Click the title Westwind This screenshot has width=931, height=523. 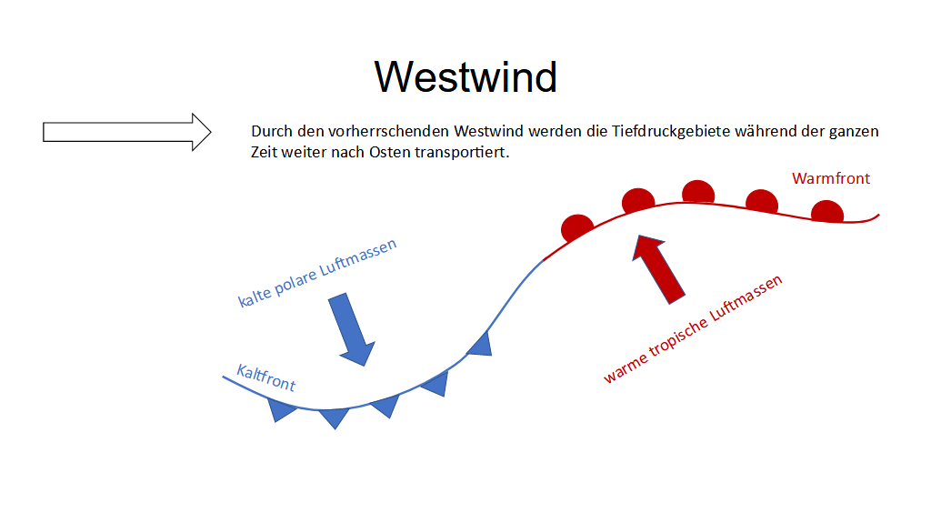(x=465, y=76)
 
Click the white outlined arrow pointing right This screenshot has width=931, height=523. (x=126, y=132)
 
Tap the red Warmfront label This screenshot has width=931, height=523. (x=831, y=178)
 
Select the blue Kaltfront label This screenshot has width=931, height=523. (x=266, y=378)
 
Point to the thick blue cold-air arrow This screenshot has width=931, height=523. (x=352, y=328)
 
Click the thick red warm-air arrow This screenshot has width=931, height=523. (x=658, y=268)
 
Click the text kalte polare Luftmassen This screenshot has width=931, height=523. (x=317, y=273)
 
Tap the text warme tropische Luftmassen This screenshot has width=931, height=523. (x=693, y=328)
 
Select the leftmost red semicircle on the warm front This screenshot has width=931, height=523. (x=576, y=227)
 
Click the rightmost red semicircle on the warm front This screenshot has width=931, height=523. (x=827, y=212)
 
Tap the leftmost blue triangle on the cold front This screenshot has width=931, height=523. (x=281, y=409)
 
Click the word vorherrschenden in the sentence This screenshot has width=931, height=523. (x=389, y=131)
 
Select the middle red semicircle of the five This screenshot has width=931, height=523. (x=698, y=192)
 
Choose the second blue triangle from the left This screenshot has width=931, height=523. (x=335, y=417)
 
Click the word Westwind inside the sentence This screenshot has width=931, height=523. (x=488, y=131)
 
